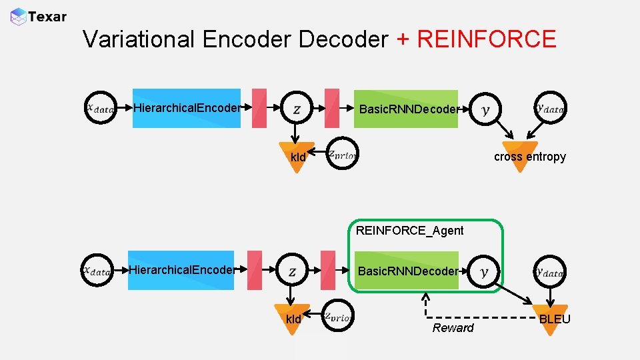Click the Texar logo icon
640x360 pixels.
pyautogui.click(x=19, y=16)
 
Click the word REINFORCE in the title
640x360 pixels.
pyautogui.click(x=486, y=39)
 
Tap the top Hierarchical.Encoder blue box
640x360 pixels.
pyautogui.click(x=186, y=108)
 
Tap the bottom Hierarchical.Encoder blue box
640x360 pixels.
pyautogui.click(x=181, y=270)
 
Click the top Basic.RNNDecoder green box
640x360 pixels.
pyautogui.click(x=407, y=109)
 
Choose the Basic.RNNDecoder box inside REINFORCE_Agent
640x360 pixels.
pyautogui.click(x=407, y=271)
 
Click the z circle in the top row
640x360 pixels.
pyautogui.click(x=297, y=109)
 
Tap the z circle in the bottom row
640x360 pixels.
pyautogui.click(x=293, y=271)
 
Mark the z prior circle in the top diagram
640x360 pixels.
pyautogui.click(x=343, y=155)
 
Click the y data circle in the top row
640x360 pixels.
pyautogui.click(x=551, y=107)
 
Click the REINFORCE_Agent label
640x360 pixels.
pyautogui.click(x=409, y=231)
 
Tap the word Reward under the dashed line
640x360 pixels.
pyautogui.click(x=453, y=327)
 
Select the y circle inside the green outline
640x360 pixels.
pyautogui.click(x=484, y=271)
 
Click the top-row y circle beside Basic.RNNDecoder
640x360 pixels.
pyautogui.click(x=485, y=109)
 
